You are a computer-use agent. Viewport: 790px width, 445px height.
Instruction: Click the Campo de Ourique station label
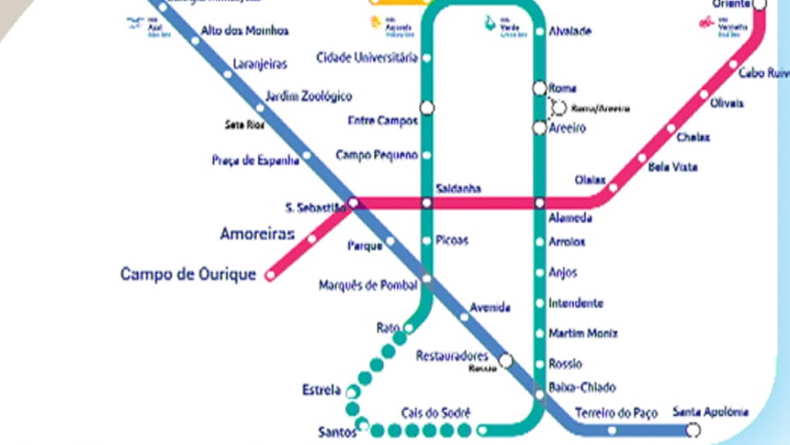pyautogui.click(x=188, y=274)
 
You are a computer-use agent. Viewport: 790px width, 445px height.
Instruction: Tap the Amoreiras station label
pyautogui.click(x=257, y=234)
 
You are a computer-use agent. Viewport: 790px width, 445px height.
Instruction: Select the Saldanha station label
pyautogui.click(x=458, y=189)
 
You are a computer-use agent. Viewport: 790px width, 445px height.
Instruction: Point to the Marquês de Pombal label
pyautogui.click(x=368, y=286)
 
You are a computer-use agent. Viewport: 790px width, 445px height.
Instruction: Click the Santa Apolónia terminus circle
pyautogui.click(x=694, y=430)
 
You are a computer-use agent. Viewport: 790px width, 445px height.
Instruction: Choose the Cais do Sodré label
pyautogui.click(x=435, y=413)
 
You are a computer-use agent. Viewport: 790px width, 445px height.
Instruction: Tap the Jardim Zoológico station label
pyautogui.click(x=309, y=97)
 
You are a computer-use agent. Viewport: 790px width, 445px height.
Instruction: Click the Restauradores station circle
pyautogui.click(x=505, y=360)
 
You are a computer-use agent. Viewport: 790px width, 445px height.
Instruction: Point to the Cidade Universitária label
pyautogui.click(x=367, y=58)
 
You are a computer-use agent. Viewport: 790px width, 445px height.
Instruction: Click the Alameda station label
pyautogui.click(x=570, y=219)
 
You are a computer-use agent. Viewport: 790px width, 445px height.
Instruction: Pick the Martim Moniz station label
pyautogui.click(x=583, y=334)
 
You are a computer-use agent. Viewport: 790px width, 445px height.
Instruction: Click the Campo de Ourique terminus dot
pyautogui.click(x=270, y=274)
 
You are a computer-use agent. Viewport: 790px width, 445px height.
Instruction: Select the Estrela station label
pyautogui.click(x=321, y=390)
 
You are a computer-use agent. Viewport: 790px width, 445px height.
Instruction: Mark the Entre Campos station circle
pyautogui.click(x=427, y=107)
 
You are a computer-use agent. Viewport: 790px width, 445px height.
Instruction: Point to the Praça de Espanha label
pyautogui.click(x=255, y=161)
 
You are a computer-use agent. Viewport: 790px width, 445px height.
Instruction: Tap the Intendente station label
pyautogui.click(x=576, y=304)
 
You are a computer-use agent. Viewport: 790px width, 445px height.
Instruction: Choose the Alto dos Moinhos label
pyautogui.click(x=245, y=31)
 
